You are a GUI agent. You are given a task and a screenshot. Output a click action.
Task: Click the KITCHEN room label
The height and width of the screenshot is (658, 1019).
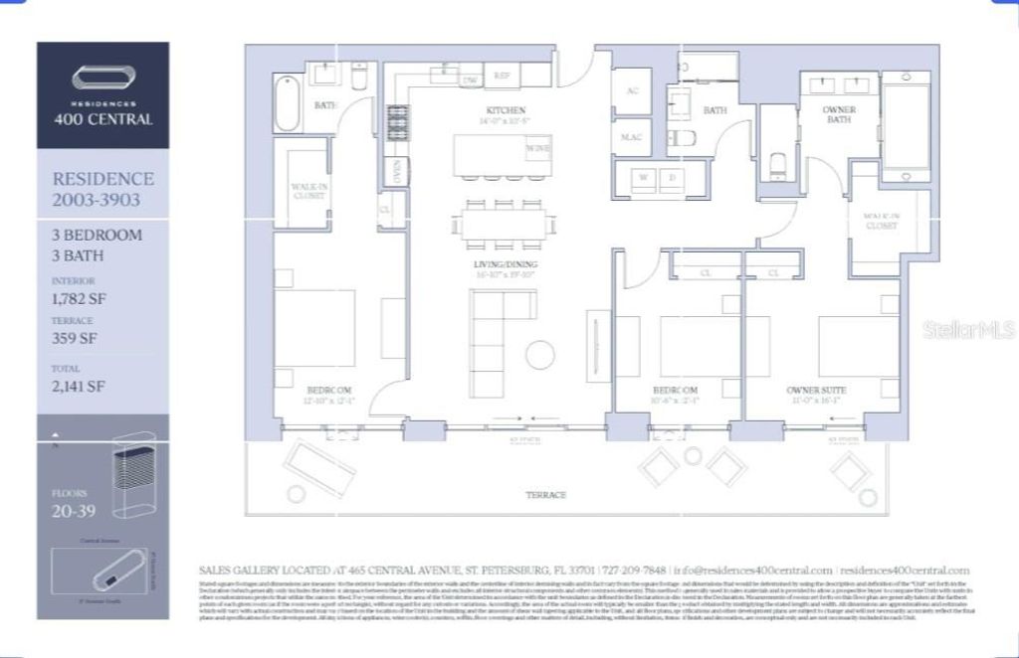click(x=506, y=110)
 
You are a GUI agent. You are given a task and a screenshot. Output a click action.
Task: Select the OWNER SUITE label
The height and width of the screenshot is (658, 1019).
click(x=815, y=390)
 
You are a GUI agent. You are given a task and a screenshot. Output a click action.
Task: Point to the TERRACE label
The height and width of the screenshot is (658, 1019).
click(x=545, y=494)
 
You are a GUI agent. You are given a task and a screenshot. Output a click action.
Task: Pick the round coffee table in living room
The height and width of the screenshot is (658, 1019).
click(x=540, y=355)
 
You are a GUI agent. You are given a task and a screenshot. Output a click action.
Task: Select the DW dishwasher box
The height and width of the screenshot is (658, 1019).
click(x=470, y=79)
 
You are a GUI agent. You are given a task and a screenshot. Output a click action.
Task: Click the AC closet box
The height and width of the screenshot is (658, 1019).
click(x=631, y=90)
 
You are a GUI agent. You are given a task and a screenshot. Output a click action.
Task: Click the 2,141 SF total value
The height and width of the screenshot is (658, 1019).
click(x=78, y=387)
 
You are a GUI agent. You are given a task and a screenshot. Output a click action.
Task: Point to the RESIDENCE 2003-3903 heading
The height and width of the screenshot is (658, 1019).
click(x=102, y=189)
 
